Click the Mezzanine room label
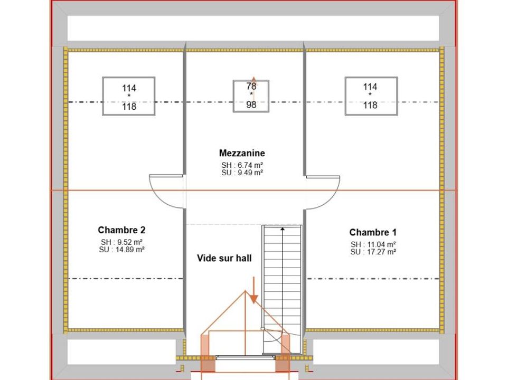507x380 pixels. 242,153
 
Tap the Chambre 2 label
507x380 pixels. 121,230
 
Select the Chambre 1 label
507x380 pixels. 373,232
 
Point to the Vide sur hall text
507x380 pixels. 224,258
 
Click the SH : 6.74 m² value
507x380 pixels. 242,165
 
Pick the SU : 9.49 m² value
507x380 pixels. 242,173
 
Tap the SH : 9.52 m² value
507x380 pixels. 121,242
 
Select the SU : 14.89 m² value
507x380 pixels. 121,250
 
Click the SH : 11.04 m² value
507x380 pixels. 373,244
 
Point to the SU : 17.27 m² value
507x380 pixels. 373,252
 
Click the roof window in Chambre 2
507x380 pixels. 129,96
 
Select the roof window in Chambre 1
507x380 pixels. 371,96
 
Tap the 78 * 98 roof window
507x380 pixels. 251,96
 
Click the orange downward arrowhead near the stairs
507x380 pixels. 254,299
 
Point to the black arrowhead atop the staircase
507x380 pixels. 283,229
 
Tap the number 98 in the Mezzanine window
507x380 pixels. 251,104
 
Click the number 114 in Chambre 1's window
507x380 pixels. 370,87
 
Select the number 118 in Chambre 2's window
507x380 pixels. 129,106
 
